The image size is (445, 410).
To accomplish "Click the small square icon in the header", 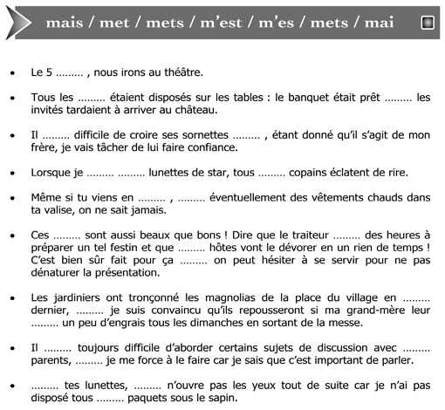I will (428, 23).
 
